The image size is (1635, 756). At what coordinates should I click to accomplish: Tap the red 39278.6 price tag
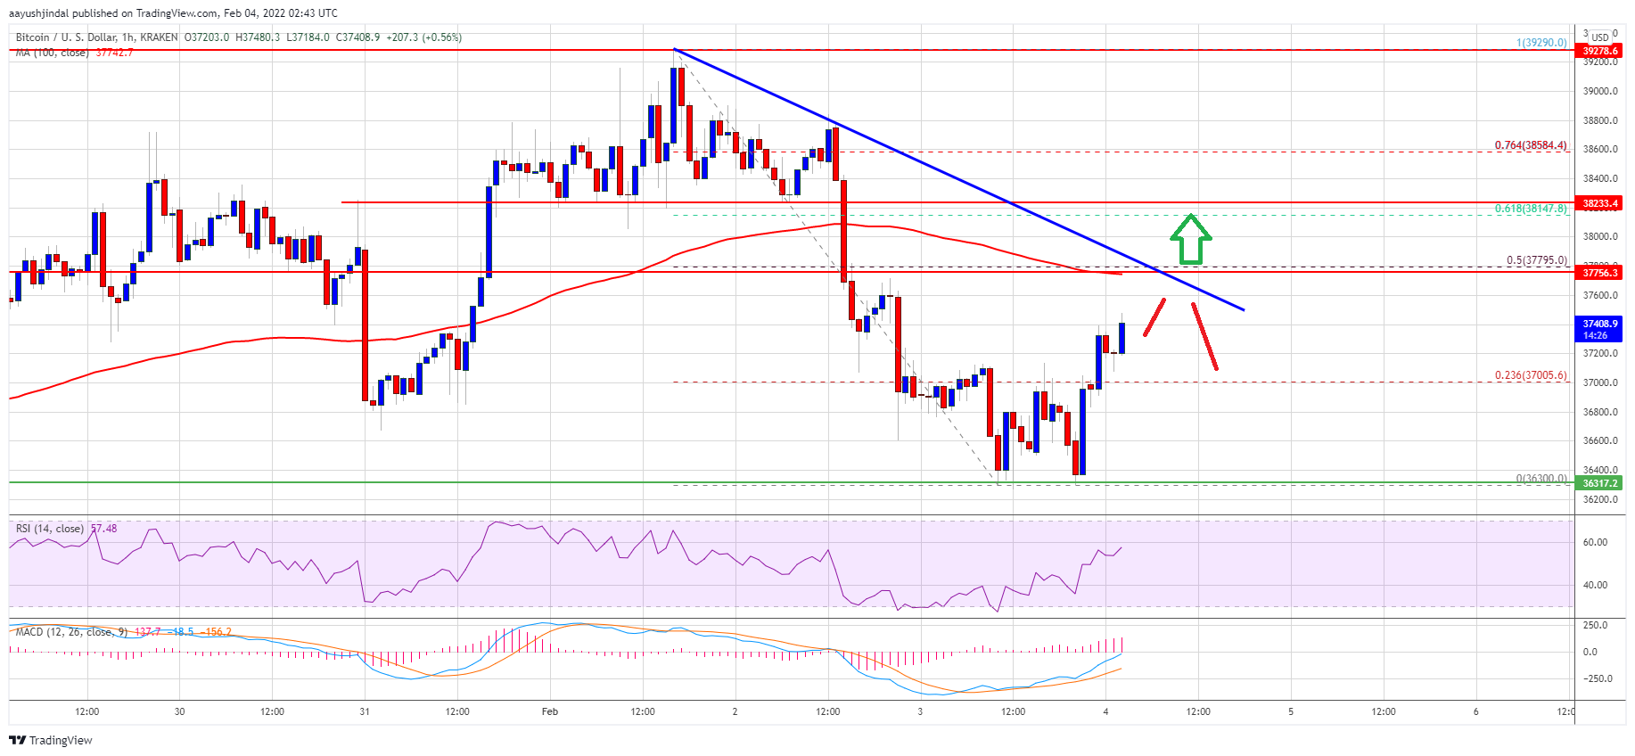coord(1600,51)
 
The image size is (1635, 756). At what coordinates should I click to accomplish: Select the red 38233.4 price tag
coord(1600,203)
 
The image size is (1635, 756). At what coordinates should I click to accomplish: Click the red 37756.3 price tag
coord(1600,273)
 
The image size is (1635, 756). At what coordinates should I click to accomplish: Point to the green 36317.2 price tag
coord(1600,483)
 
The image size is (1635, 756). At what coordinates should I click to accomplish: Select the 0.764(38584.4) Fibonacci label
coord(1531,145)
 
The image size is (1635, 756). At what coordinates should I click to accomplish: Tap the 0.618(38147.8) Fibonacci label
coord(1531,209)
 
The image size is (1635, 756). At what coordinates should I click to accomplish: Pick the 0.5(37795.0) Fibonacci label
coord(1536,260)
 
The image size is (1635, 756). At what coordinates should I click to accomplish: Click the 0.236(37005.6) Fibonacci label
coord(1531,375)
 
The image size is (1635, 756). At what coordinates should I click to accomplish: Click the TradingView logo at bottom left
coord(51,740)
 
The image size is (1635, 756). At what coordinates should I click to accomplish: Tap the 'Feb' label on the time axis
coord(550,711)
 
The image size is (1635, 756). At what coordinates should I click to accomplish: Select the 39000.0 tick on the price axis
coord(1600,91)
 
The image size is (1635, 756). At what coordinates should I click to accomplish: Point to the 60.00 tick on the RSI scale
coord(1596,542)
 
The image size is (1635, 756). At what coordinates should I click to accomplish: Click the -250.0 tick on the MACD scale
coord(1595,678)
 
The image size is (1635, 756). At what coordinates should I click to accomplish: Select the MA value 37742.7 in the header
coord(114,53)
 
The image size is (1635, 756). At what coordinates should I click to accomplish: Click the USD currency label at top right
coord(1600,37)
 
